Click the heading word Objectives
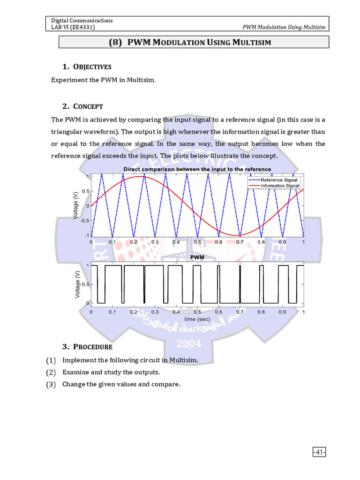coord(94,67)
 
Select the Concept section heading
coord(90,106)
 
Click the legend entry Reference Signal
coord(279,180)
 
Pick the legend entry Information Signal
coord(280,186)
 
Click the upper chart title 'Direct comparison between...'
coord(197,169)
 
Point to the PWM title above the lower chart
coord(197,258)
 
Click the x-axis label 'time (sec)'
coord(197,319)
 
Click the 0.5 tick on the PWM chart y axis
coord(85,285)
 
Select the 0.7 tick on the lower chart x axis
coord(240,312)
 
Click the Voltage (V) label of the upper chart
coord(76,206)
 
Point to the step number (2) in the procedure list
coord(51,373)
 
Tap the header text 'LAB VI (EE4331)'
coord(73,27)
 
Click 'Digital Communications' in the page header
coord(82,21)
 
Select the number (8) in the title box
coord(115,42)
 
